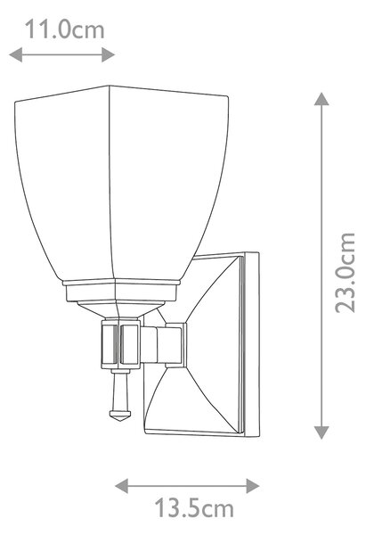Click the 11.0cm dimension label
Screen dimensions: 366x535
click(65, 29)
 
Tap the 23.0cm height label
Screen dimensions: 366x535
click(345, 273)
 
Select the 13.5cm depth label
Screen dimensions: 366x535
click(195, 508)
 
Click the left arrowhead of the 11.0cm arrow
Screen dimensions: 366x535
click(15, 54)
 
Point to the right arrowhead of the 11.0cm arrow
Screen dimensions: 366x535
click(108, 54)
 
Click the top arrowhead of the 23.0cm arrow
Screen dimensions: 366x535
click(321, 99)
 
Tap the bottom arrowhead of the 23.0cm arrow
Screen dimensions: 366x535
click(321, 432)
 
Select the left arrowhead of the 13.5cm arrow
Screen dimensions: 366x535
click(122, 486)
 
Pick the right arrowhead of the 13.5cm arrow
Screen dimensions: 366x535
click(253, 486)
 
